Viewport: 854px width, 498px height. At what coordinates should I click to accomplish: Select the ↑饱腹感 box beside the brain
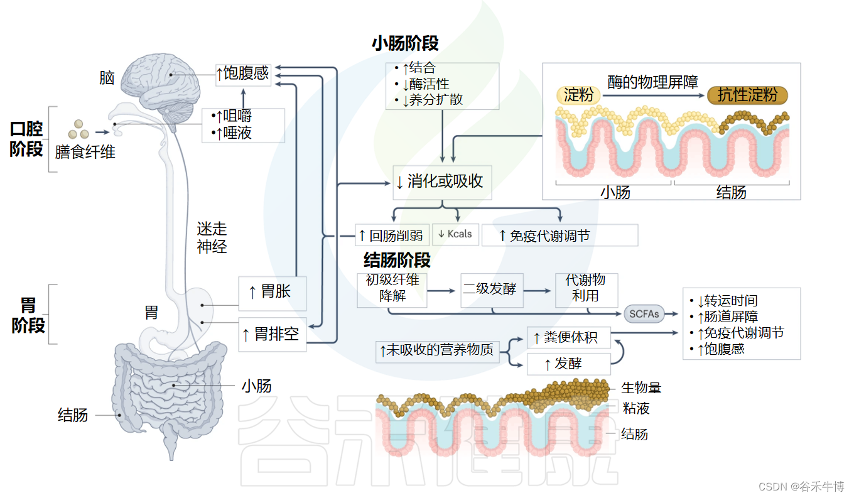[x=242, y=73]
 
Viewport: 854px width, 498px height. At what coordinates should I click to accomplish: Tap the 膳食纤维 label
[x=85, y=152]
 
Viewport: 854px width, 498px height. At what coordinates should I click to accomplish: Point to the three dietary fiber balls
[x=78, y=129]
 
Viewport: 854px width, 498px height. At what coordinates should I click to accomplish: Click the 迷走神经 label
[x=212, y=238]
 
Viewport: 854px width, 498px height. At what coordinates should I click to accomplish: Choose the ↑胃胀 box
[x=272, y=293]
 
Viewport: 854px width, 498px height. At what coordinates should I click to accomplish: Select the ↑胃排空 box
[x=272, y=334]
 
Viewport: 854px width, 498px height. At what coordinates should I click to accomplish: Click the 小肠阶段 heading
[x=405, y=44]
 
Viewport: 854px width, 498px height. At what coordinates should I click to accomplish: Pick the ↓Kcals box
[x=456, y=234]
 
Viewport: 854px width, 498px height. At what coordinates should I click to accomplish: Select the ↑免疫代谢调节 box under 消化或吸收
[x=559, y=235]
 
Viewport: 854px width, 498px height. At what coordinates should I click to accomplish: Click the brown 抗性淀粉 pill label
[x=747, y=95]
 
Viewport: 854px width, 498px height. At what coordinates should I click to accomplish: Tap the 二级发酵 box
[x=492, y=290]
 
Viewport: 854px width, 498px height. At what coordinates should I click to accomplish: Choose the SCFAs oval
[x=644, y=313]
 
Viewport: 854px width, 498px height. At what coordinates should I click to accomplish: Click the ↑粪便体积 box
[x=568, y=338]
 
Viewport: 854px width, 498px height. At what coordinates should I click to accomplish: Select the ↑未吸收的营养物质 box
[x=437, y=350]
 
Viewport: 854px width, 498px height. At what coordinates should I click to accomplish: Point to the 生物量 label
[x=640, y=388]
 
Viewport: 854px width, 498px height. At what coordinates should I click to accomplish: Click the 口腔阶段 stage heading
[x=27, y=139]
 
